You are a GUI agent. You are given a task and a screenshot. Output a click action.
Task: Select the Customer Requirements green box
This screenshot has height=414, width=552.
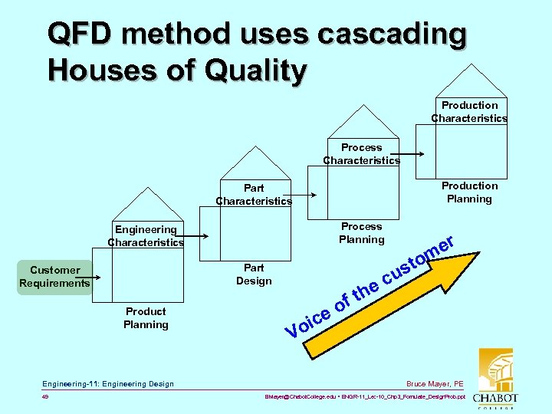click(x=54, y=277)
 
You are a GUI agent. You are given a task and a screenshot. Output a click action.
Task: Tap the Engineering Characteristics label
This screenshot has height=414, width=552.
click(x=146, y=236)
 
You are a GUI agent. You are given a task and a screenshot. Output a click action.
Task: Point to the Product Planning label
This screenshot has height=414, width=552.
click(x=146, y=318)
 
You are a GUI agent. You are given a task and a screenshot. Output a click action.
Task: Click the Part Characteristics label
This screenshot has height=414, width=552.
click(x=254, y=195)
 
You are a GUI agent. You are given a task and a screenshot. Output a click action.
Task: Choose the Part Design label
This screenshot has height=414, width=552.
click(x=254, y=274)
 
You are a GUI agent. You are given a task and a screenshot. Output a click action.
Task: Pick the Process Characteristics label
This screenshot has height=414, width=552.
click(x=361, y=154)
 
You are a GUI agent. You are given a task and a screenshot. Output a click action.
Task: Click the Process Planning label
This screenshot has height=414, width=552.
click(x=361, y=233)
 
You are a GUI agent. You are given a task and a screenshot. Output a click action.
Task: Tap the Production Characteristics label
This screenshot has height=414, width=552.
click(x=469, y=112)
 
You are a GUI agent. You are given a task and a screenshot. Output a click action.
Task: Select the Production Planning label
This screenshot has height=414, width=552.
click(x=469, y=192)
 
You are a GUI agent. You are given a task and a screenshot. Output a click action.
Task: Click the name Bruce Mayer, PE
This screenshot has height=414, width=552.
click(x=435, y=383)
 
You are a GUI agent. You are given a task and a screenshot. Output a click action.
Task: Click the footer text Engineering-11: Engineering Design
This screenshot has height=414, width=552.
click(x=108, y=383)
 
